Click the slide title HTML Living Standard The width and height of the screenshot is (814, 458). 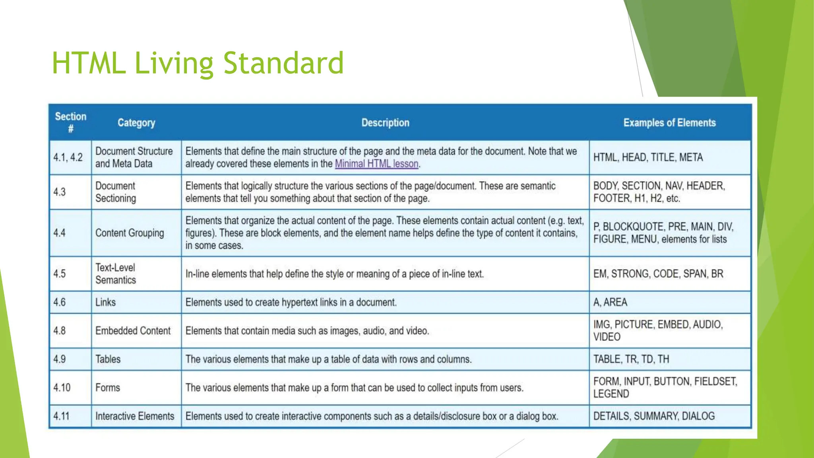(x=198, y=63)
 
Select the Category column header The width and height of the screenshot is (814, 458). (x=136, y=123)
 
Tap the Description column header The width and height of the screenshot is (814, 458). (x=385, y=123)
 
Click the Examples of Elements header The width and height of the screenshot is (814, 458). (x=669, y=123)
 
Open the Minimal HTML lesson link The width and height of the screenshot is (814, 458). (x=376, y=164)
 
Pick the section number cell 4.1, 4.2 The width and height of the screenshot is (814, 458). (x=68, y=157)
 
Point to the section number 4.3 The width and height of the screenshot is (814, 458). (x=60, y=192)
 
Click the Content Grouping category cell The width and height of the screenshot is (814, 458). (x=130, y=233)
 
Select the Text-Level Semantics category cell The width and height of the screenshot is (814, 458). (x=116, y=274)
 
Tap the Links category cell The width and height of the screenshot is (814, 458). (x=105, y=302)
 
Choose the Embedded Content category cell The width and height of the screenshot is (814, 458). (x=133, y=331)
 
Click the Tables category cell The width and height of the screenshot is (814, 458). (x=108, y=359)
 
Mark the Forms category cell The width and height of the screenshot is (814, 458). (x=107, y=388)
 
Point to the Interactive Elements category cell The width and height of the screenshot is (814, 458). (x=135, y=416)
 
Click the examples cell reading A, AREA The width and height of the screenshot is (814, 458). (x=610, y=302)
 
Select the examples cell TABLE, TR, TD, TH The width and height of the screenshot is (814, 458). (x=631, y=359)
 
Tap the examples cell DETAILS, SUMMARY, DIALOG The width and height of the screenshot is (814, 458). (x=654, y=416)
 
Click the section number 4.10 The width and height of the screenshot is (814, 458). (x=62, y=388)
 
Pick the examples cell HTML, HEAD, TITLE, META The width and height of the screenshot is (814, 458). (x=648, y=157)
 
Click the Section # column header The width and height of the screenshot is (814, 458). (x=70, y=122)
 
